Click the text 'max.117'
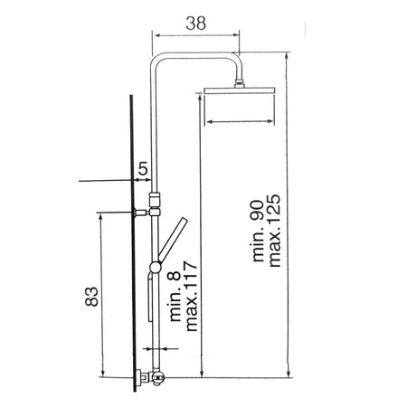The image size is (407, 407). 190,299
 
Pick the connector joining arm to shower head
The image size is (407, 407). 239,83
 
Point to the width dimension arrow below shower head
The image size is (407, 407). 239,119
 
